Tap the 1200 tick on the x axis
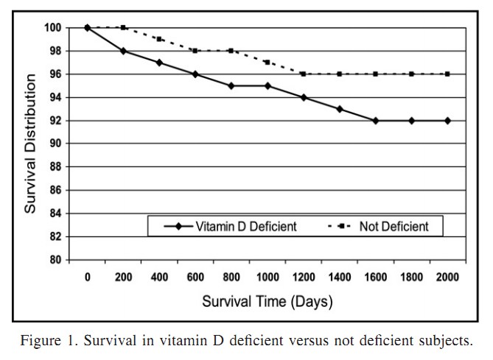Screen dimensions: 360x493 click(304, 278)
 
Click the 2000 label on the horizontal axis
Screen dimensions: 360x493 click(447, 278)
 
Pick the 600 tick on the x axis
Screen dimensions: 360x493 click(195, 278)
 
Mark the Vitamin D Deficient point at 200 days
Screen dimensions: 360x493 click(123, 51)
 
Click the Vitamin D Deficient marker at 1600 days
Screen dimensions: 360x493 click(376, 120)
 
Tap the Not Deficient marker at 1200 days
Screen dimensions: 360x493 click(304, 74)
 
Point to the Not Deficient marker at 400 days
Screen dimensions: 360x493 click(159, 39)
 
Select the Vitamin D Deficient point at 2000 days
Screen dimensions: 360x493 click(447, 120)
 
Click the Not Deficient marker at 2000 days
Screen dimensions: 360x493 click(447, 74)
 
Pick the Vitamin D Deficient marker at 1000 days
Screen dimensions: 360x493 click(268, 85)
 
